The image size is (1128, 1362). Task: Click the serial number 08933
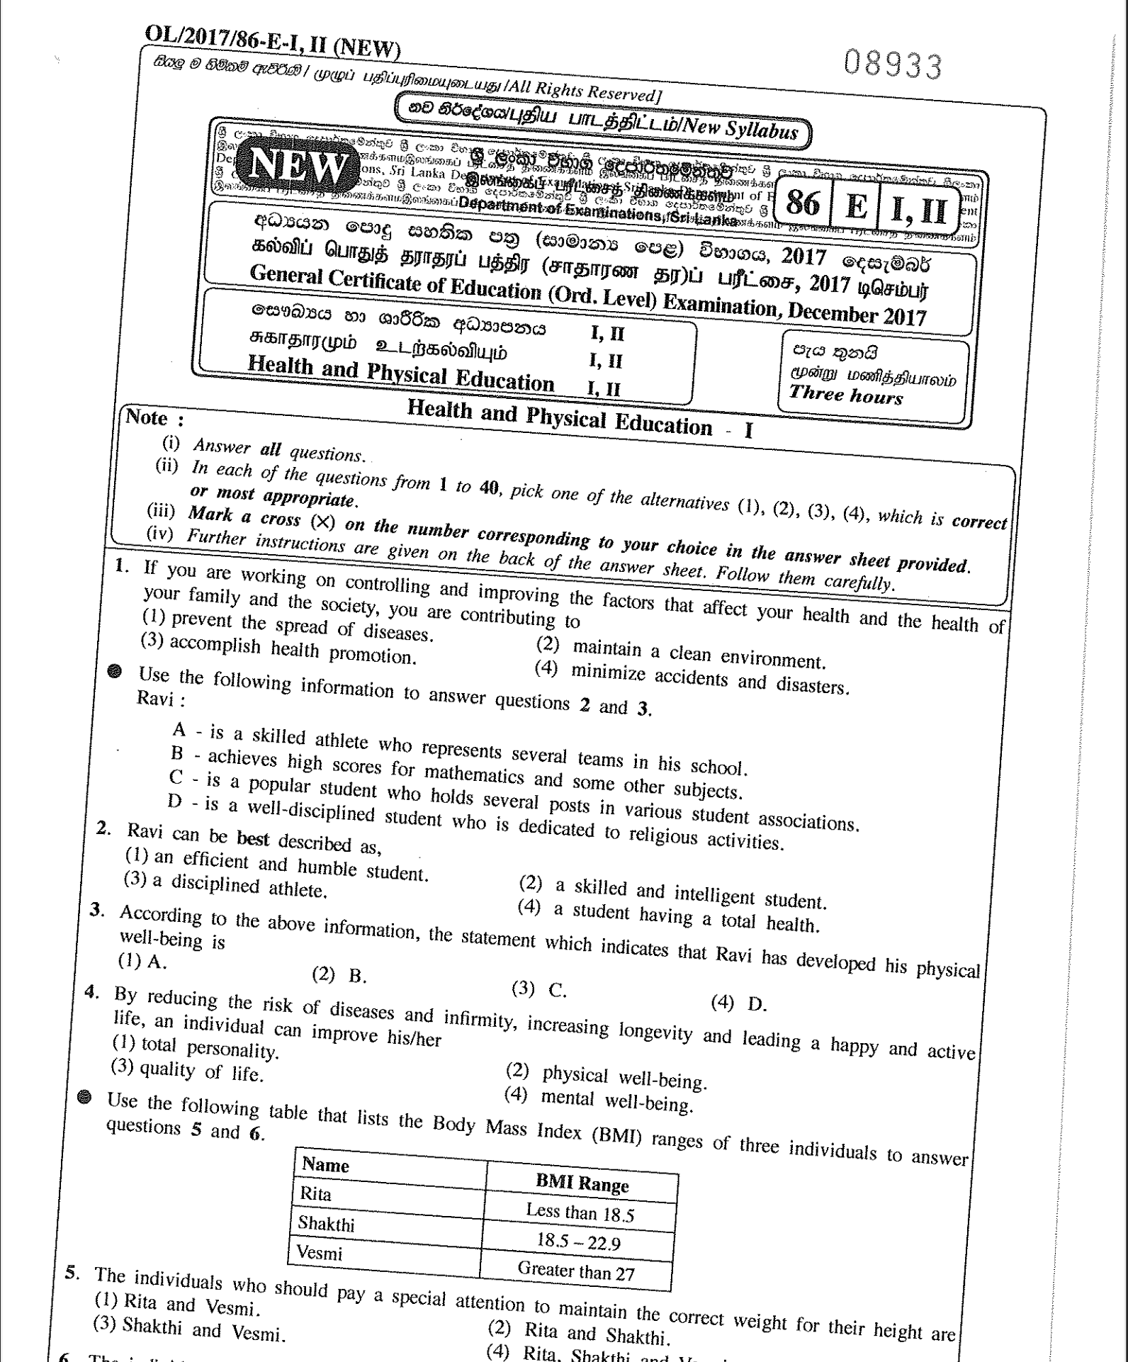[892, 67]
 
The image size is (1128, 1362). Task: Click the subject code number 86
[802, 204]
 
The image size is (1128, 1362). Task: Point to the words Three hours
[846, 394]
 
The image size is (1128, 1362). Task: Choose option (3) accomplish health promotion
[279, 649]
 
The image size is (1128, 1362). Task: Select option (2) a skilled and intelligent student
[673, 893]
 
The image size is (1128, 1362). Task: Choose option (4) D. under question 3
[738, 1002]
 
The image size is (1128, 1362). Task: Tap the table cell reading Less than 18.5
[579, 1212]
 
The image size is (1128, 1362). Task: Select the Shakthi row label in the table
[326, 1223]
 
